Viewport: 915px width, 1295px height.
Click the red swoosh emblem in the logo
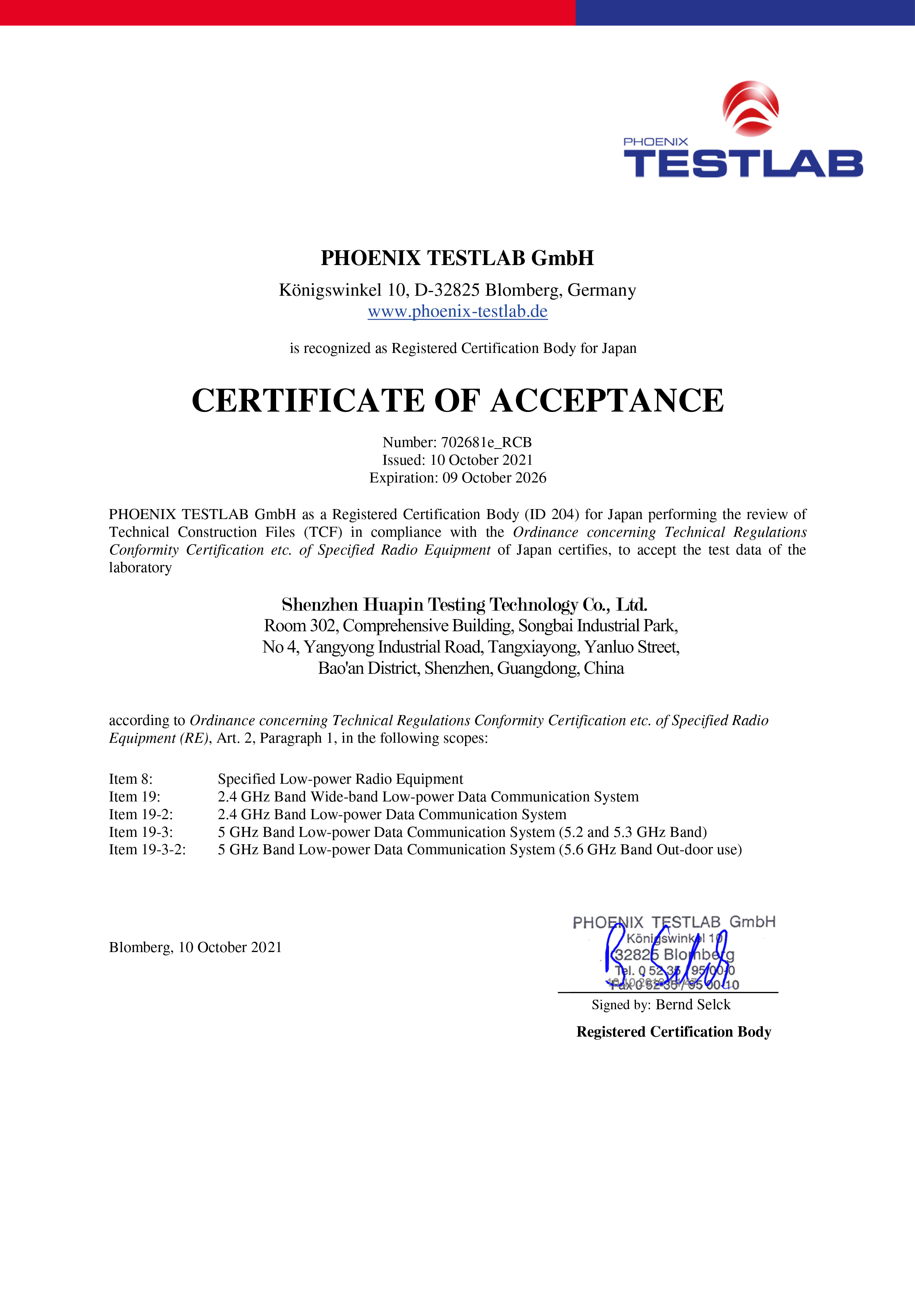[x=751, y=109]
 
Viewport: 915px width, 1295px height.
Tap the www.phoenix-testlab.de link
[x=457, y=311]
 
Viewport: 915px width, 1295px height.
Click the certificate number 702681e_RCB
[x=486, y=442]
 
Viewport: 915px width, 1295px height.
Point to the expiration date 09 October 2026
[x=494, y=478]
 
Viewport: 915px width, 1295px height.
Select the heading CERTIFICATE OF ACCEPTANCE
[x=457, y=401]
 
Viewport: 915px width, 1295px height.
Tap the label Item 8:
[x=131, y=779]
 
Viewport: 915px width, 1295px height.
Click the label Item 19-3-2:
[x=147, y=849]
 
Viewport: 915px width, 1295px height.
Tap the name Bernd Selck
[x=693, y=1004]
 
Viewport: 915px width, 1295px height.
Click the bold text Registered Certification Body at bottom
[x=674, y=1031]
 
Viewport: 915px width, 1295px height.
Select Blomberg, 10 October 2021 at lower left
[x=195, y=947]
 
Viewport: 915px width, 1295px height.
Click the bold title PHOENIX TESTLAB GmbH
[x=457, y=258]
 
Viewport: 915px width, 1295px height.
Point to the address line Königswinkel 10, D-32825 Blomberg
[x=457, y=290]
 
